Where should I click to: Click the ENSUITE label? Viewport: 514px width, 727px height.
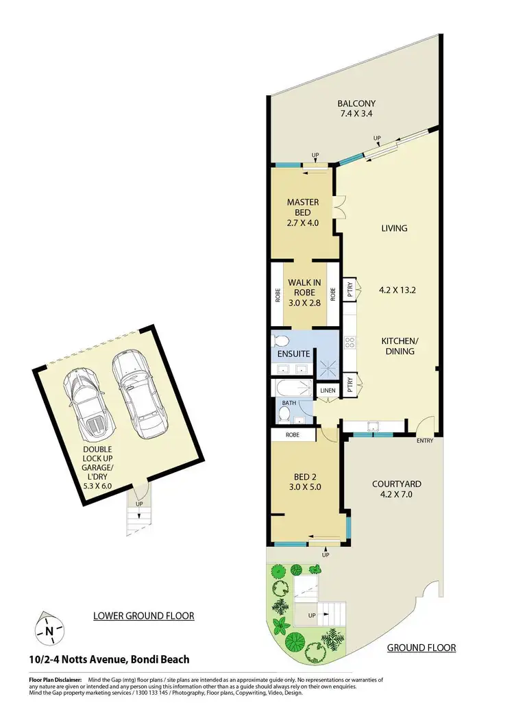coord(293,354)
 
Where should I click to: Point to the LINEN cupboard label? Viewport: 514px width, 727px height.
coord(328,391)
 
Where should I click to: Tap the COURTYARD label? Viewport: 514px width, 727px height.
coord(396,484)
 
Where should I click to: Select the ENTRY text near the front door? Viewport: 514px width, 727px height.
coord(424,441)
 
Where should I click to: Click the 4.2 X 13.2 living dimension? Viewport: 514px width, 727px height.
coord(398,290)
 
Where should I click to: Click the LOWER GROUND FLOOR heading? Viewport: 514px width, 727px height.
coord(143,616)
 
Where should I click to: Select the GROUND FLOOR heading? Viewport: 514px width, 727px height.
coord(421,648)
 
